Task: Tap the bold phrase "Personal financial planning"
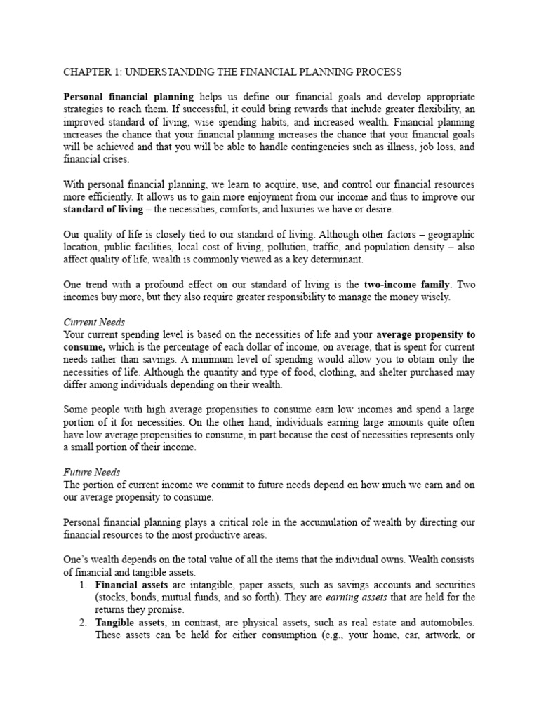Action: pyautogui.click(x=129, y=97)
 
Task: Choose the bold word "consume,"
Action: pyautogui.click(x=84, y=348)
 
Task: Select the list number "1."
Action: pyautogui.click(x=81, y=585)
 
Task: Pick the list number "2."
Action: pyautogui.click(x=81, y=623)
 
